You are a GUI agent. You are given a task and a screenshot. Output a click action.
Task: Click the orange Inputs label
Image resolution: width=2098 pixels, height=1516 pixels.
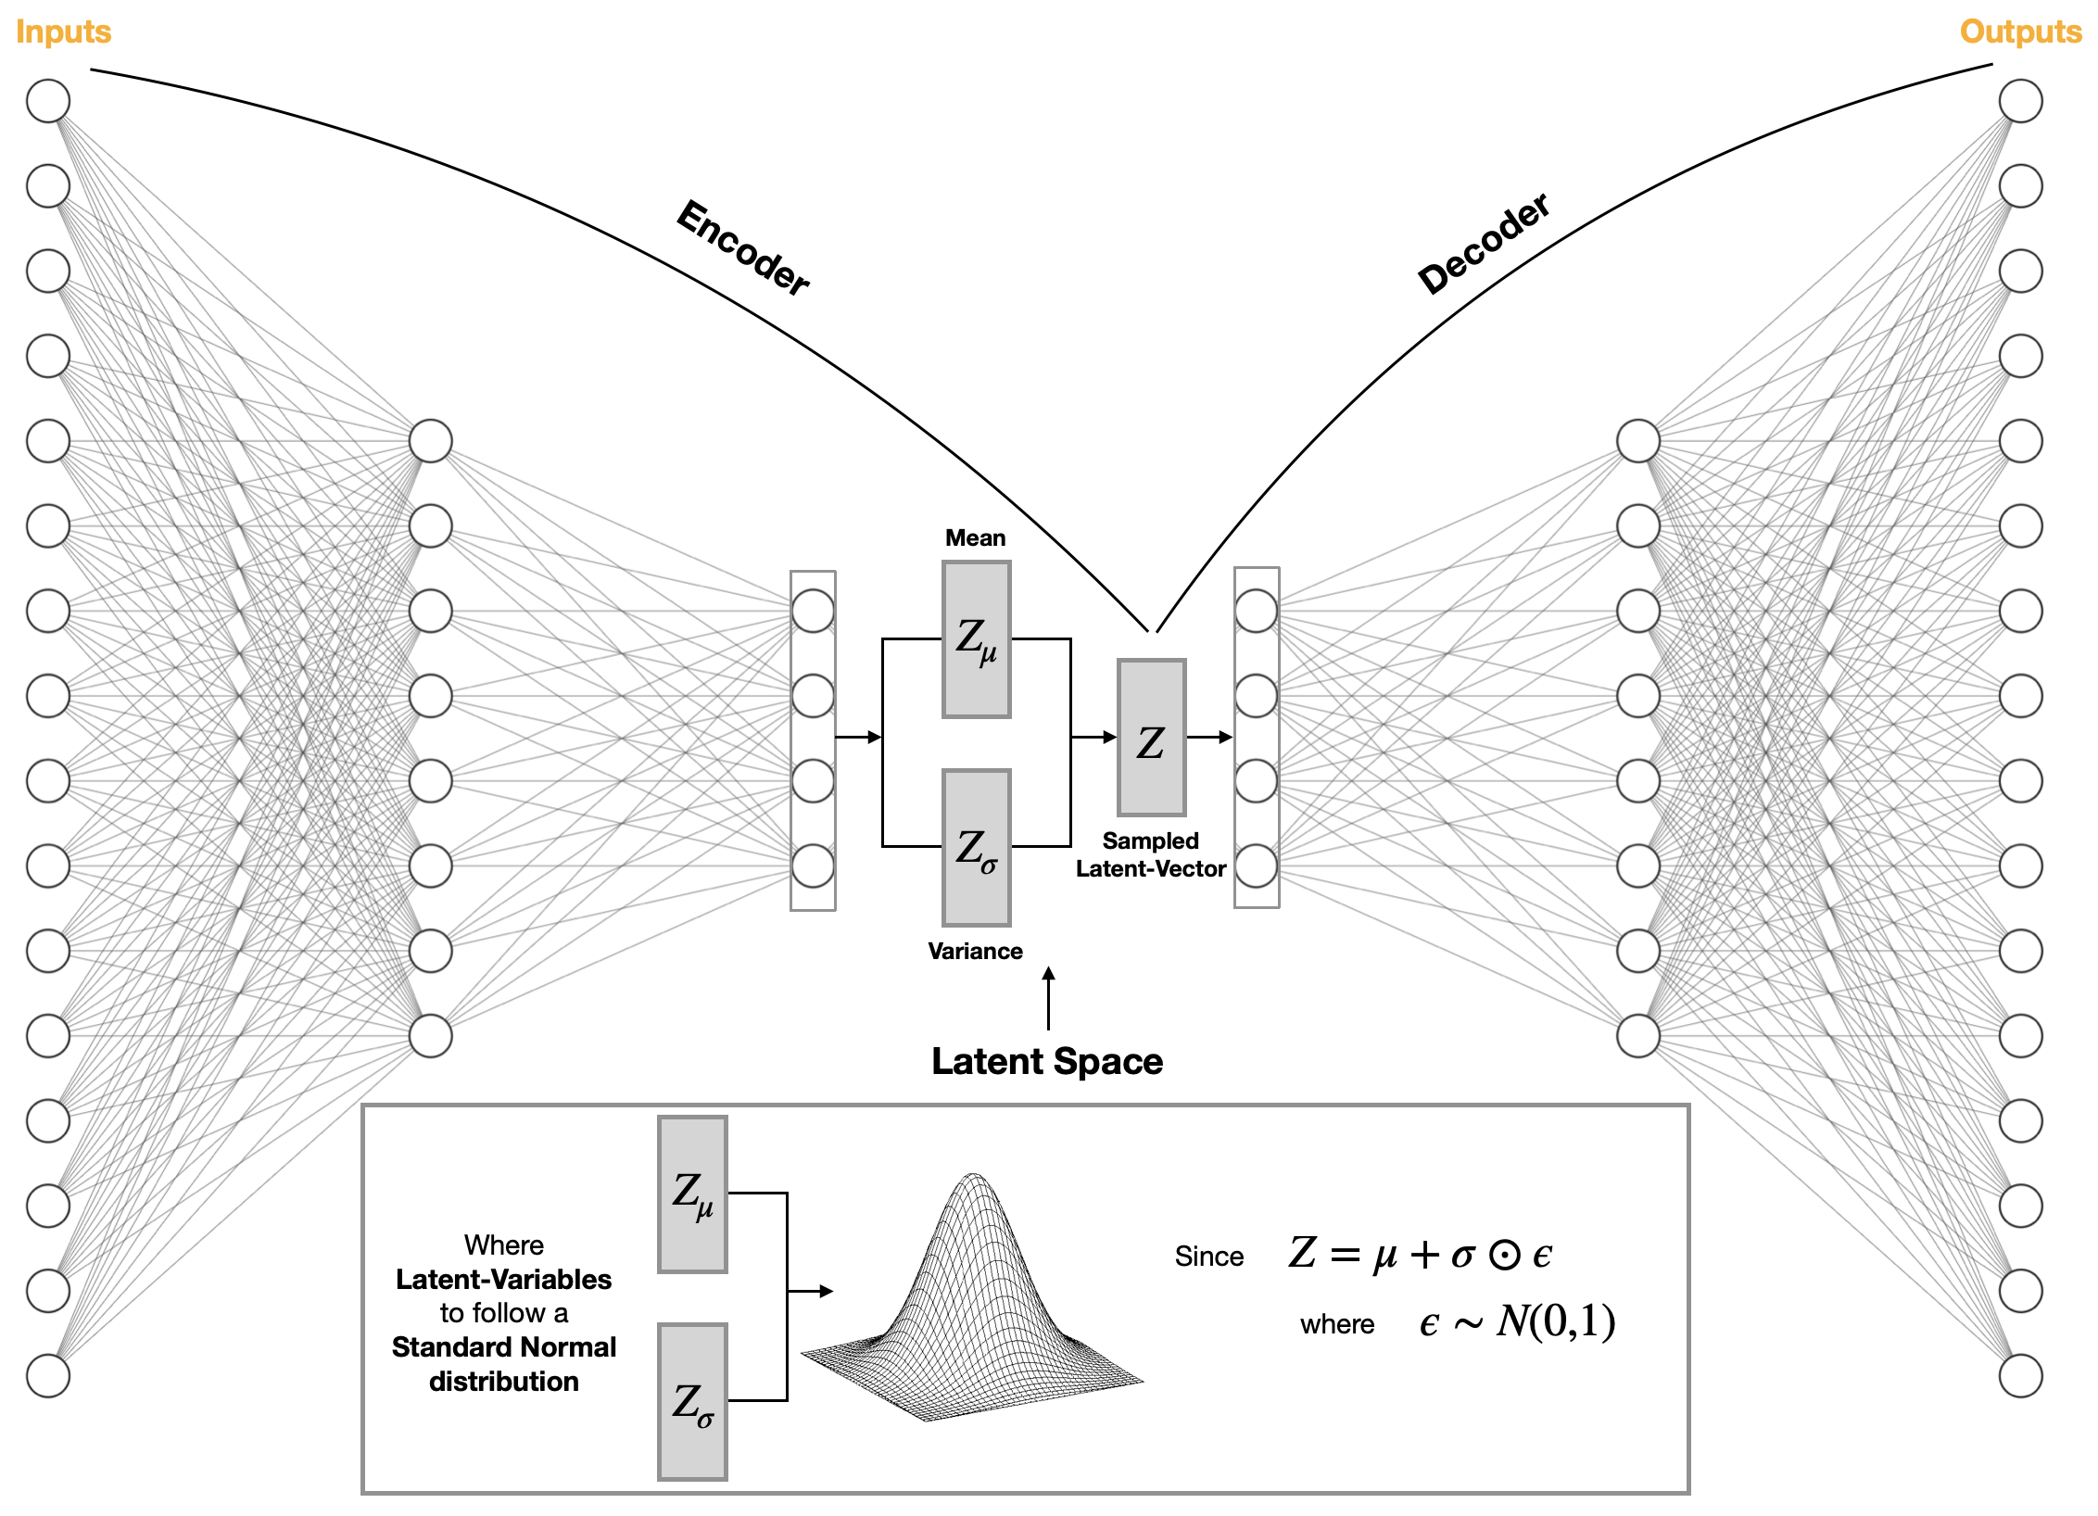click(x=63, y=32)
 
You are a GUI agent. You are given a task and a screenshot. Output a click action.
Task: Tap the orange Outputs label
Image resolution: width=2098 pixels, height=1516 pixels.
click(x=2020, y=32)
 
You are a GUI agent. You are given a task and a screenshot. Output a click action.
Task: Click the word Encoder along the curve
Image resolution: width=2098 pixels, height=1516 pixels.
click(x=743, y=247)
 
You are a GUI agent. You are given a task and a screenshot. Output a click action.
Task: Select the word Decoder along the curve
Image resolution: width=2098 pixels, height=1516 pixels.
click(x=1484, y=244)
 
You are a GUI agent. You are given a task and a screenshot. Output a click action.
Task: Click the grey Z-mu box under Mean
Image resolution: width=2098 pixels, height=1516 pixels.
click(x=976, y=639)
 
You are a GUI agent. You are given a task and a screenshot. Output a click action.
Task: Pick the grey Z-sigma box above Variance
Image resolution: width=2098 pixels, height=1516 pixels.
click(x=976, y=848)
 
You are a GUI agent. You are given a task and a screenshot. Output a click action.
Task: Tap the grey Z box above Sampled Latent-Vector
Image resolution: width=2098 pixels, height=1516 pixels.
click(x=1151, y=738)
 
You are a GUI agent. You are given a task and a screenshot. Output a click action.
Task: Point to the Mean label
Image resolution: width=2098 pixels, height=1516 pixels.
click(x=975, y=538)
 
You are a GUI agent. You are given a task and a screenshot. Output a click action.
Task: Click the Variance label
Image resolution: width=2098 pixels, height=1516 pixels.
click(x=975, y=952)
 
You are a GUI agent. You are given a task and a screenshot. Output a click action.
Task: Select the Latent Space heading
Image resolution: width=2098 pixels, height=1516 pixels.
click(x=1047, y=1062)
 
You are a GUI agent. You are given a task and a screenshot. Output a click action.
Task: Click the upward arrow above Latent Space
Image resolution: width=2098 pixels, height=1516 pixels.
click(x=1048, y=998)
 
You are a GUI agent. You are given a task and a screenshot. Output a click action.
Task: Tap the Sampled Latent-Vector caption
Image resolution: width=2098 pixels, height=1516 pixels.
click(x=1150, y=855)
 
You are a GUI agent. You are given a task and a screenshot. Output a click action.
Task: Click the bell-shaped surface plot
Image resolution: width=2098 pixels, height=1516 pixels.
click(x=973, y=1307)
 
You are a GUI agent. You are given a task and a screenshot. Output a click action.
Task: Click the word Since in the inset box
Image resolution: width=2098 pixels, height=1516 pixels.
click(x=1209, y=1257)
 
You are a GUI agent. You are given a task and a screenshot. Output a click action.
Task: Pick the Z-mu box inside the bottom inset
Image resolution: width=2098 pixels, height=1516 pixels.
click(x=692, y=1194)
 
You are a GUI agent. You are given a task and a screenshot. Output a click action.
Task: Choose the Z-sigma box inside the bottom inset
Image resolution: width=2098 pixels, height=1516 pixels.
click(x=692, y=1402)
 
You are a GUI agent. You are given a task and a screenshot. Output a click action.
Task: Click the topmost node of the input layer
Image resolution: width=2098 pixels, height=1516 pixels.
click(x=48, y=101)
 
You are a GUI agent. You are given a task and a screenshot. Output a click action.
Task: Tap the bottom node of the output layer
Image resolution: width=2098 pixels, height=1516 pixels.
click(x=2020, y=1376)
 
